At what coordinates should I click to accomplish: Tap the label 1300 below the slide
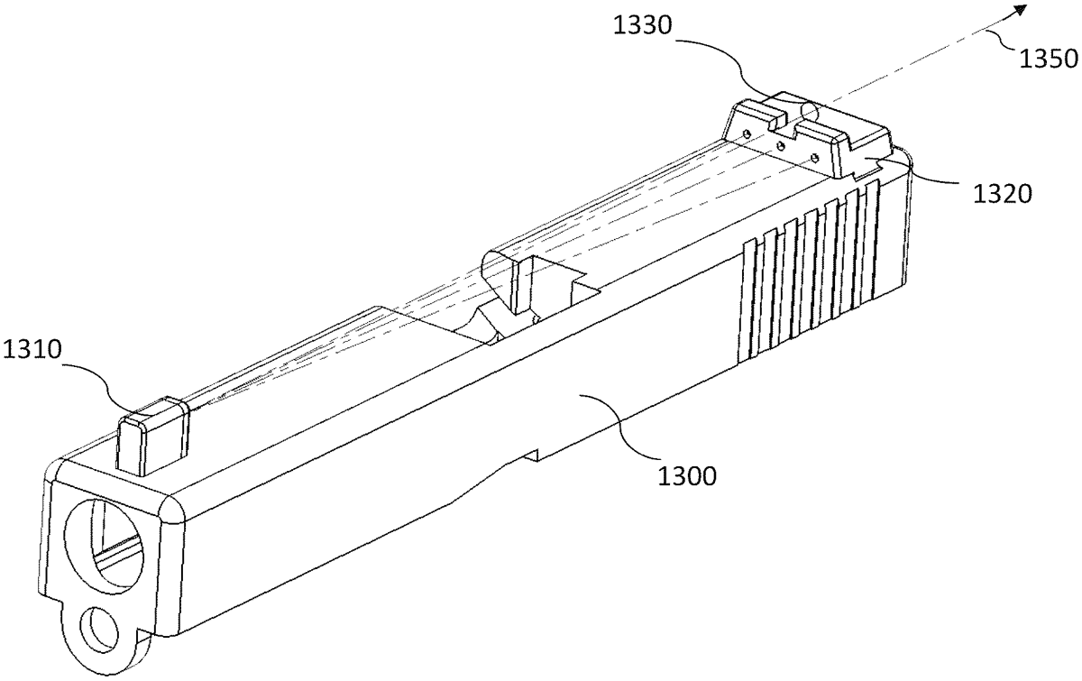pyautogui.click(x=685, y=476)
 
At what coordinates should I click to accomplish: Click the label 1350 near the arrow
pyautogui.click(x=1049, y=60)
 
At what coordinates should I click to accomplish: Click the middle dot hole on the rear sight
pyautogui.click(x=780, y=144)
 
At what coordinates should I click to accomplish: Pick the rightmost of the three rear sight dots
pyautogui.click(x=816, y=157)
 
